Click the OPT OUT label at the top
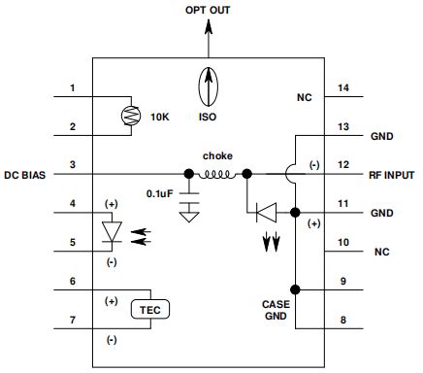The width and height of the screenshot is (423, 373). [208, 10]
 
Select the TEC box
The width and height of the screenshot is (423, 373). [150, 310]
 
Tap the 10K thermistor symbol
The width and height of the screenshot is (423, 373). [131, 116]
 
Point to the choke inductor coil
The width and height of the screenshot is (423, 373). [216, 175]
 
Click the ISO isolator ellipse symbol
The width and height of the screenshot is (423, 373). [209, 86]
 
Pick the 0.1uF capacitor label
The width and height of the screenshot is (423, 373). [160, 193]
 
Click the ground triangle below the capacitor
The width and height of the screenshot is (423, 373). [189, 217]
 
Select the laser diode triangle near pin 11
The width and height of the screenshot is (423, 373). [266, 213]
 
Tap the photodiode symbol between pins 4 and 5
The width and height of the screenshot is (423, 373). [112, 232]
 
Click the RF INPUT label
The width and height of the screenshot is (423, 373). [391, 175]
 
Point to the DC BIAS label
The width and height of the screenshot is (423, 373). [25, 175]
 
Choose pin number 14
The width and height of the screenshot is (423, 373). [343, 87]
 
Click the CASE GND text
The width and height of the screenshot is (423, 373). [276, 310]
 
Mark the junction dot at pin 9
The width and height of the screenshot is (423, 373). [295, 289]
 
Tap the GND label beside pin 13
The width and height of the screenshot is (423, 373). [382, 136]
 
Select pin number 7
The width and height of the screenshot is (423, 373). [73, 320]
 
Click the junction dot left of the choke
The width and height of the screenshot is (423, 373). [189, 174]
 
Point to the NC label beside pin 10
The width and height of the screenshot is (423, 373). [382, 252]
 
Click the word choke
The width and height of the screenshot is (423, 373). [217, 156]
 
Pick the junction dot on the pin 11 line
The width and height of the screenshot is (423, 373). [295, 213]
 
